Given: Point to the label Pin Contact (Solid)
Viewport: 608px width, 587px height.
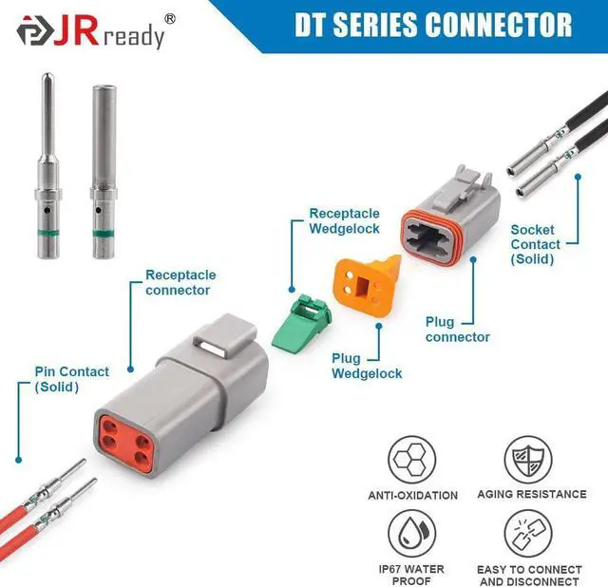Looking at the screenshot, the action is click(71, 379).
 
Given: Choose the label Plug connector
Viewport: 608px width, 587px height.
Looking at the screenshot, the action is click(458, 330).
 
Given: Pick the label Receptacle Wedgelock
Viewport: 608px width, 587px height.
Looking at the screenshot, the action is click(344, 221).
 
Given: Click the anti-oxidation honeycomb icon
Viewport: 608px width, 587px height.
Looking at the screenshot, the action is click(412, 459).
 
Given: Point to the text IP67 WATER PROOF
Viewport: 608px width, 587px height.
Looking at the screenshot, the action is click(412, 575).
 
